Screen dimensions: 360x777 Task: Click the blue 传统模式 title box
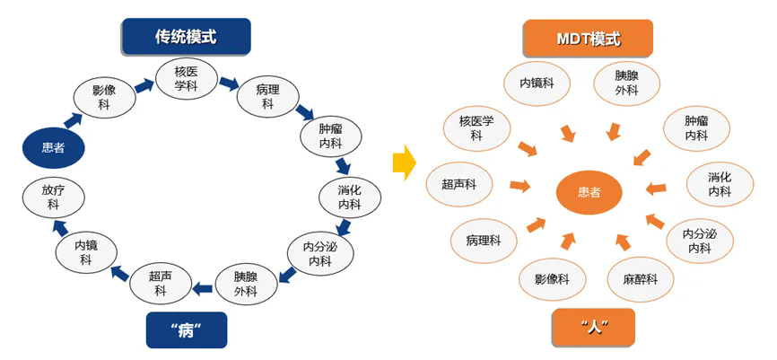[x=186, y=37]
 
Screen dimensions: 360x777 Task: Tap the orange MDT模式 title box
[x=588, y=39]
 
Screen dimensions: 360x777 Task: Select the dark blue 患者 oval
[x=54, y=147]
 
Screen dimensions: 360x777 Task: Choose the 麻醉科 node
[x=640, y=279]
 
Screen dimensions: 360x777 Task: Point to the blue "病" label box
[x=187, y=329]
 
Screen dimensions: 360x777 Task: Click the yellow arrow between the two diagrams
[x=405, y=162]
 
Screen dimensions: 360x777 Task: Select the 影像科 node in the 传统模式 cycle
[x=104, y=97]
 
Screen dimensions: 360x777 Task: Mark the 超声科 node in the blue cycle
[x=161, y=284]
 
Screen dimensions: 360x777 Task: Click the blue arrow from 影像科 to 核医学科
[x=144, y=87]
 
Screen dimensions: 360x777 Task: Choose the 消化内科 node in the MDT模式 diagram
[x=720, y=183]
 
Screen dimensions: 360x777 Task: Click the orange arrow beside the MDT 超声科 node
[x=519, y=186]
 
